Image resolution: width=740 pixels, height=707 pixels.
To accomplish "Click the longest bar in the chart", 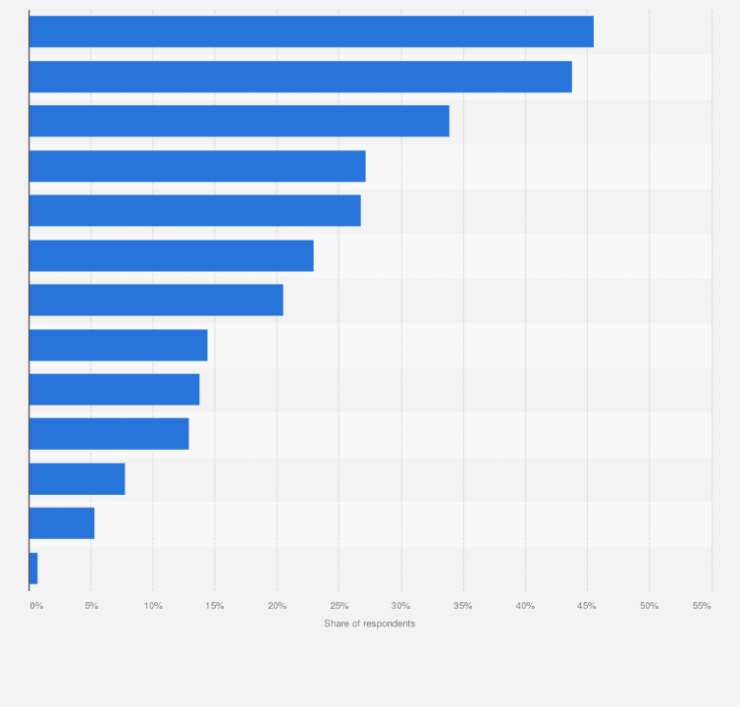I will [x=311, y=31].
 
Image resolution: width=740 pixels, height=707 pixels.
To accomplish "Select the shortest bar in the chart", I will [x=33, y=569].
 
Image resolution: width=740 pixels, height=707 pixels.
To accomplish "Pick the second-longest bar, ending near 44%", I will [x=300, y=77].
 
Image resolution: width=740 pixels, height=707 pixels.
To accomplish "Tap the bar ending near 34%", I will [x=238, y=121].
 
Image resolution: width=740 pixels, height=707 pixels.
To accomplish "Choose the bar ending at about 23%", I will [x=171, y=255].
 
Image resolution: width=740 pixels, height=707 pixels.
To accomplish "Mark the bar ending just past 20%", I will [x=156, y=299].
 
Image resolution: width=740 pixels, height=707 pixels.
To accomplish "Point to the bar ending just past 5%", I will [x=62, y=523].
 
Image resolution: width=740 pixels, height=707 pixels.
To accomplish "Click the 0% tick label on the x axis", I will [x=36, y=606].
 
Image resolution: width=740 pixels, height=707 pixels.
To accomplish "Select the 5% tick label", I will [x=91, y=606].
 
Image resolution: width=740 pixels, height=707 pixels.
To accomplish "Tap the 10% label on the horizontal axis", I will [x=153, y=606].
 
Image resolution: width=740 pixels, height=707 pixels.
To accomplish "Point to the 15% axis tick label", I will [x=215, y=606].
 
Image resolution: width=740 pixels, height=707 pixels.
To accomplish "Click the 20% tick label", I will [x=277, y=606].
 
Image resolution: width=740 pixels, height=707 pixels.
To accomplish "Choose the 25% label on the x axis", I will [x=340, y=606].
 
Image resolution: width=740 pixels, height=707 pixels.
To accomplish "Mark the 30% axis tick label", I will [x=401, y=606].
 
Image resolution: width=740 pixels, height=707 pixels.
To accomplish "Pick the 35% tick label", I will [x=463, y=606].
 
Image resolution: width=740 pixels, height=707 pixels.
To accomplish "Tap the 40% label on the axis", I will [x=525, y=606].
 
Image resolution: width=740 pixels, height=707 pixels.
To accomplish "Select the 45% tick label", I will [x=587, y=606].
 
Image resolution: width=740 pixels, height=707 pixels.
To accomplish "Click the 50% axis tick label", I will [x=649, y=606].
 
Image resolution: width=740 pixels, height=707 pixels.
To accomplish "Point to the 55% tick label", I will [x=702, y=606].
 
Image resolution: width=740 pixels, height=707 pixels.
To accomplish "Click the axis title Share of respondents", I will [x=370, y=625].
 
